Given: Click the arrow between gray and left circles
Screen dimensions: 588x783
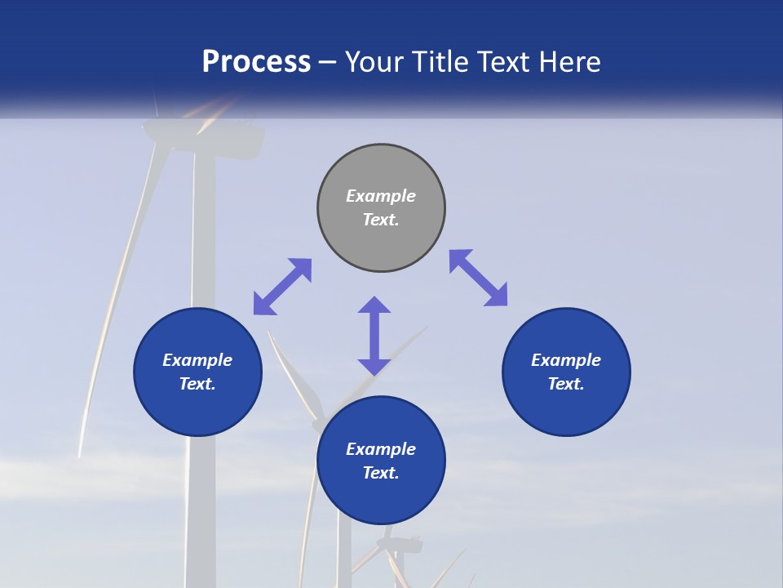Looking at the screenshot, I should (x=282, y=287).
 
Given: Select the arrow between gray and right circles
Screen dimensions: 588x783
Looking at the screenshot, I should (x=478, y=278).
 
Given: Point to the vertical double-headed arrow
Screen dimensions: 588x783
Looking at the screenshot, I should (x=374, y=336).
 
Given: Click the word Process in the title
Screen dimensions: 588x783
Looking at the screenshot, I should (x=256, y=61).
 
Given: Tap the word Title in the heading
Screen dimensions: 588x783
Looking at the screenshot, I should (x=441, y=61).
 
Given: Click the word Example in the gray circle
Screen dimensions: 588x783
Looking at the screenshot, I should (x=381, y=196).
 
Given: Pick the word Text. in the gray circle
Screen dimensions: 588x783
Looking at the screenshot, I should (x=381, y=220).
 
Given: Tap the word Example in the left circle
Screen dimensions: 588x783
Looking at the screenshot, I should (x=197, y=360).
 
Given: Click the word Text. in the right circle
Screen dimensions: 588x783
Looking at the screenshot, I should (x=566, y=384).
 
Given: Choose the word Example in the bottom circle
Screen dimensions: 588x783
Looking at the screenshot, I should (x=381, y=449).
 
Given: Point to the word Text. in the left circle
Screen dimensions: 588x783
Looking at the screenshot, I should (x=197, y=384).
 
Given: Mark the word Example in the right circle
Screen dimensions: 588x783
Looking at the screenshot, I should (x=566, y=360).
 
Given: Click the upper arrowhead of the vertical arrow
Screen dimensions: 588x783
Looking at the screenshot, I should (x=374, y=305).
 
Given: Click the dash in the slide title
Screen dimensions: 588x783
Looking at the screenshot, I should (x=328, y=62).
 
